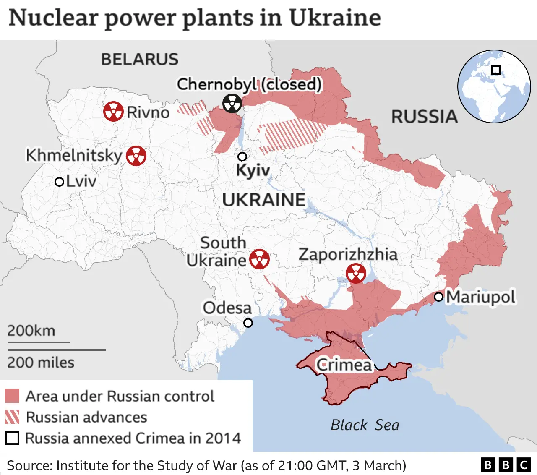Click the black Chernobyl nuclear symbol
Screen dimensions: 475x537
pos(232,103)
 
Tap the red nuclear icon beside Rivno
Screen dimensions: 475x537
pos(113,112)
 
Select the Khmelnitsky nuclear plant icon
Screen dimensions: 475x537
pos(136,156)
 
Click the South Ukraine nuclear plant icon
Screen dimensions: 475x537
pos(259,259)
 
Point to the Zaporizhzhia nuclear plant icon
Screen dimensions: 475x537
pos(356,274)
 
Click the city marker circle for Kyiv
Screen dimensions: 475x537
pos(242,157)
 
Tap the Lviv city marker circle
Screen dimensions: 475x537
pos(60,182)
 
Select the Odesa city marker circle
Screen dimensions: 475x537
pos(248,323)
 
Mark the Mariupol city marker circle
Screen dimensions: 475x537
pos(438,297)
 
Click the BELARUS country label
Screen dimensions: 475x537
pos(139,59)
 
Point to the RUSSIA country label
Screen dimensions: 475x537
pos(424,116)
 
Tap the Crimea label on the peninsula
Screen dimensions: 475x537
pos(344,365)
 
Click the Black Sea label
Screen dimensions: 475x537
pos(365,425)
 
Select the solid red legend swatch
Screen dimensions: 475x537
pos(12,396)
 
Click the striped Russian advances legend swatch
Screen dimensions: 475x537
pos(12,417)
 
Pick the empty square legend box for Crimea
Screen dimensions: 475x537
pos(12,438)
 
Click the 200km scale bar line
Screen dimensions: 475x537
pos(38,342)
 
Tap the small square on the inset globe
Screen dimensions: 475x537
pos(495,70)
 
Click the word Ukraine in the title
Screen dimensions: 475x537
pos(335,18)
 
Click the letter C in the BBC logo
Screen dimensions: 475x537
pos(524,465)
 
